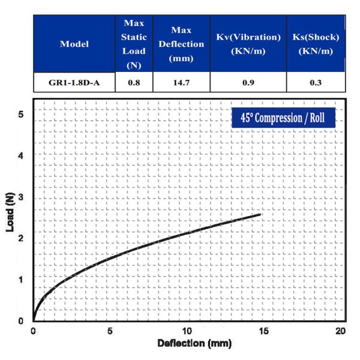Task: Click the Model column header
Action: [74, 44]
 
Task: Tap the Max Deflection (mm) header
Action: [181, 44]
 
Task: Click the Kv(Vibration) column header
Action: [248, 44]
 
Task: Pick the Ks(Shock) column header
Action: [315, 44]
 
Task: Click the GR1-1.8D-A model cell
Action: [74, 82]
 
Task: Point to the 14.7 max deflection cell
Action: [181, 82]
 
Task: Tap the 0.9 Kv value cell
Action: [248, 82]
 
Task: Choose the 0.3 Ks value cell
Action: [315, 82]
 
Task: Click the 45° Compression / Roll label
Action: [283, 118]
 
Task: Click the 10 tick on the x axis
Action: [187, 331]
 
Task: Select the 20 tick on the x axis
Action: [340, 331]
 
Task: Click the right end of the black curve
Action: [260, 214]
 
